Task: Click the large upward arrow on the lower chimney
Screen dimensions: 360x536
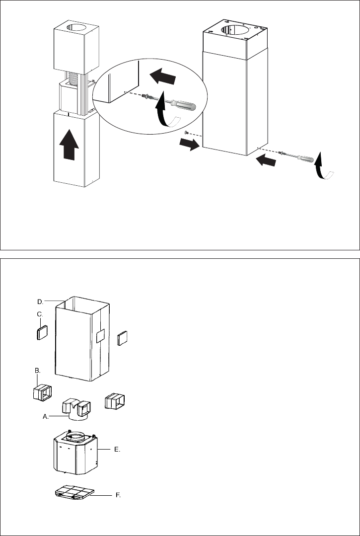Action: click(x=69, y=144)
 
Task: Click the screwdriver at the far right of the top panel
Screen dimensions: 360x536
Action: click(x=300, y=157)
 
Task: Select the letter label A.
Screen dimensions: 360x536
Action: click(x=45, y=416)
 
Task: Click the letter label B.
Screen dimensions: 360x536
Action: click(x=38, y=371)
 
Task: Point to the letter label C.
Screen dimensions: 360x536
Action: click(x=40, y=314)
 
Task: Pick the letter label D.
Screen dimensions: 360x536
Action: click(x=40, y=302)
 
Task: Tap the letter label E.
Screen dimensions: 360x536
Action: click(x=117, y=450)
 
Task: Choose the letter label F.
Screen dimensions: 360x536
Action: click(x=118, y=495)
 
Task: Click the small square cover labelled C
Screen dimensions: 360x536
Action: click(x=42, y=332)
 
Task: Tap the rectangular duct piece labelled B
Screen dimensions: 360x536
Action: click(x=42, y=392)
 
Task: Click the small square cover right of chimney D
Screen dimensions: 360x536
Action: click(x=122, y=338)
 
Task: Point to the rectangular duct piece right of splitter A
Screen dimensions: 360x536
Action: click(x=114, y=400)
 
